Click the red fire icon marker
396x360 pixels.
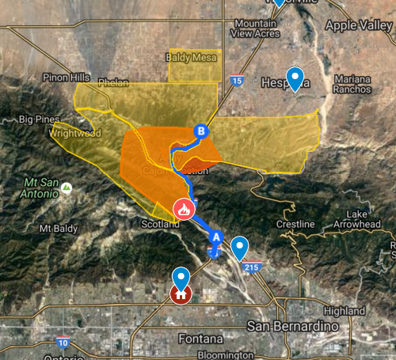coord(183,210)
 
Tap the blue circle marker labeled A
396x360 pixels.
coord(216,237)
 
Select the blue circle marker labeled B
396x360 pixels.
coord(201,131)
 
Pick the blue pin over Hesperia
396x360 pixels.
coord(295,78)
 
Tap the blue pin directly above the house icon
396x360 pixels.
coord(181,279)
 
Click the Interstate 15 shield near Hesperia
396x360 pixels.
coord(237,80)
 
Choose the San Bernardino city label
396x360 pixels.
coord(293,327)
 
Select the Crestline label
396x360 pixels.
coord(295,225)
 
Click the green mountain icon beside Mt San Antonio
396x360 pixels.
coord(67,188)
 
